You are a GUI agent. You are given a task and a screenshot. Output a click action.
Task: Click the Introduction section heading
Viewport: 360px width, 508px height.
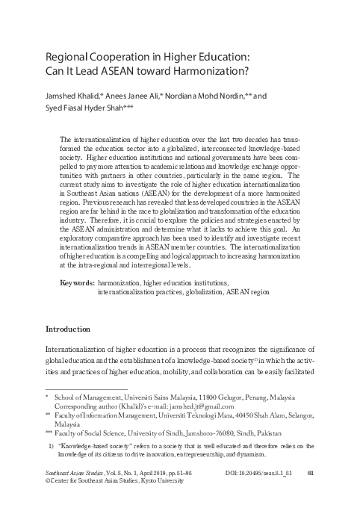[69, 329]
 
